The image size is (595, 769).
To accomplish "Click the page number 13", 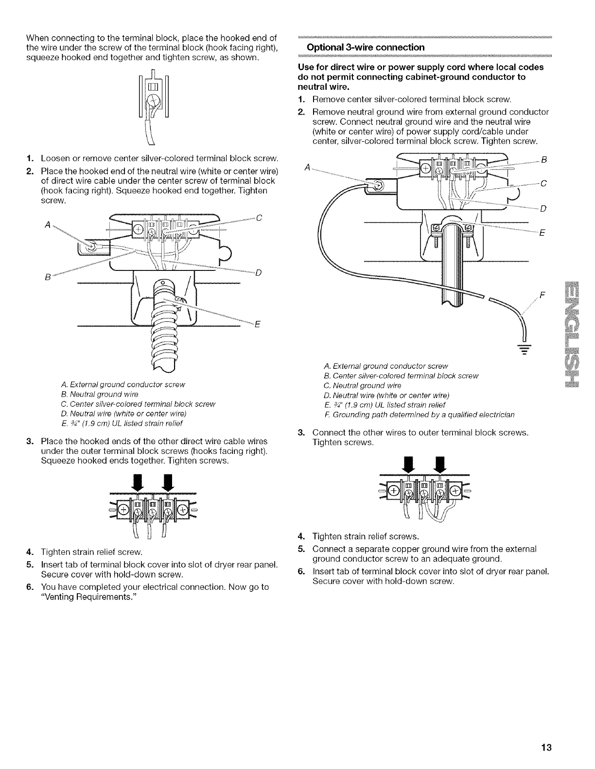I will [x=547, y=747].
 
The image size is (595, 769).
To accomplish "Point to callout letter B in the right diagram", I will [x=543, y=159].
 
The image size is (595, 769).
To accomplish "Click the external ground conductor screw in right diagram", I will [x=378, y=185].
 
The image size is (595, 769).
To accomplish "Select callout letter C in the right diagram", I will [x=543, y=184].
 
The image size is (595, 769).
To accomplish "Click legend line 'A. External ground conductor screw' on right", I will [x=385, y=366].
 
